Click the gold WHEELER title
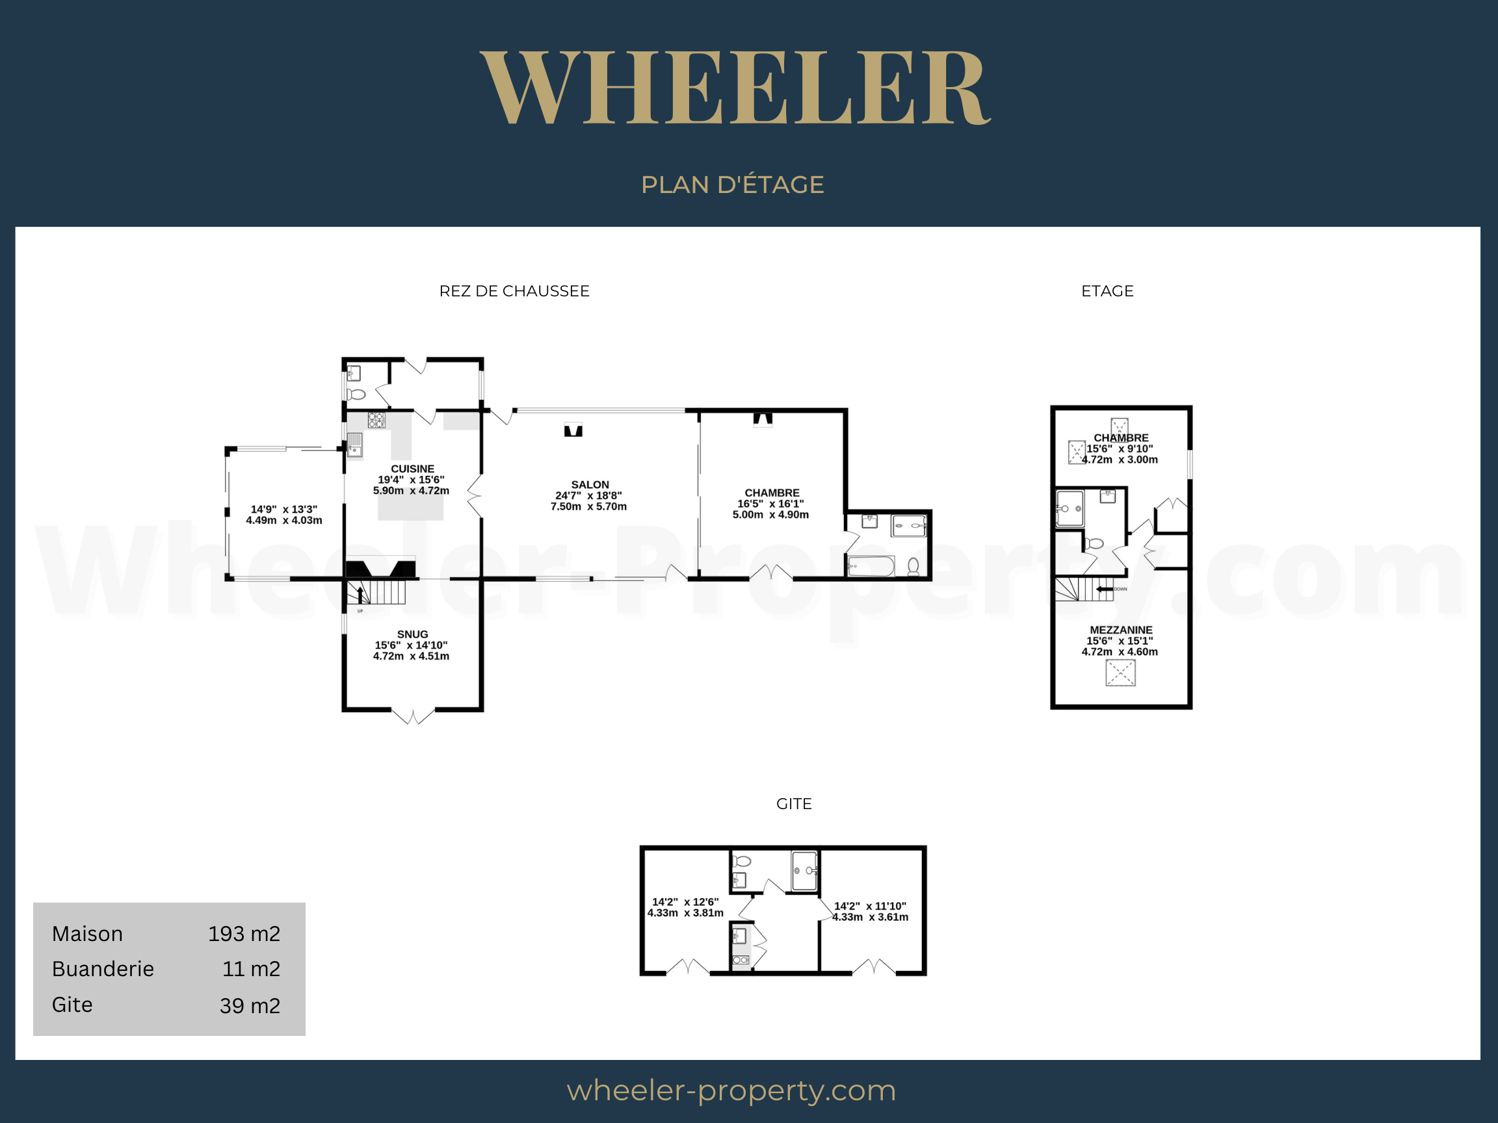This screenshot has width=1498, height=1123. (x=735, y=88)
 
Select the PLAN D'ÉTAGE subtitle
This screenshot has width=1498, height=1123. (x=733, y=184)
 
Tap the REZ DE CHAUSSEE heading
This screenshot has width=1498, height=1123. (x=515, y=291)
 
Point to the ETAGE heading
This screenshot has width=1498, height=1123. (x=1107, y=291)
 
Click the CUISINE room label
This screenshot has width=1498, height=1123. (x=412, y=469)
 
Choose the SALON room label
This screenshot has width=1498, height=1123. (x=590, y=485)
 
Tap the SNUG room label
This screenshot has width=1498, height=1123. (x=412, y=634)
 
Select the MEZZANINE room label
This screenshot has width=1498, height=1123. (x=1121, y=630)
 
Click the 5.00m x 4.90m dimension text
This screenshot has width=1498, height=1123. (x=770, y=515)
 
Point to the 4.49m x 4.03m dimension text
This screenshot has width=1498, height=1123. (x=283, y=520)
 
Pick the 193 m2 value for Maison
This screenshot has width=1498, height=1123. (x=244, y=933)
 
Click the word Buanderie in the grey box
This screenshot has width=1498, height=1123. (x=103, y=969)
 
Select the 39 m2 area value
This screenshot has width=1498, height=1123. (x=250, y=1005)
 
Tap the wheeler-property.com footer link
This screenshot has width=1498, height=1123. (x=731, y=1091)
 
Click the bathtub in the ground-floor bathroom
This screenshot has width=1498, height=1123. (x=871, y=566)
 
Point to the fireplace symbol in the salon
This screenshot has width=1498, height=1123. (x=573, y=430)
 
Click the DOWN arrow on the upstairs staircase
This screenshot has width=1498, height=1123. (x=1105, y=589)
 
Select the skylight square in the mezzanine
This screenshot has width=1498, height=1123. (x=1120, y=673)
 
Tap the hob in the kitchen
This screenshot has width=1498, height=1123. (x=376, y=420)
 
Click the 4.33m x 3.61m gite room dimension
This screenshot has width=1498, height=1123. (x=870, y=916)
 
